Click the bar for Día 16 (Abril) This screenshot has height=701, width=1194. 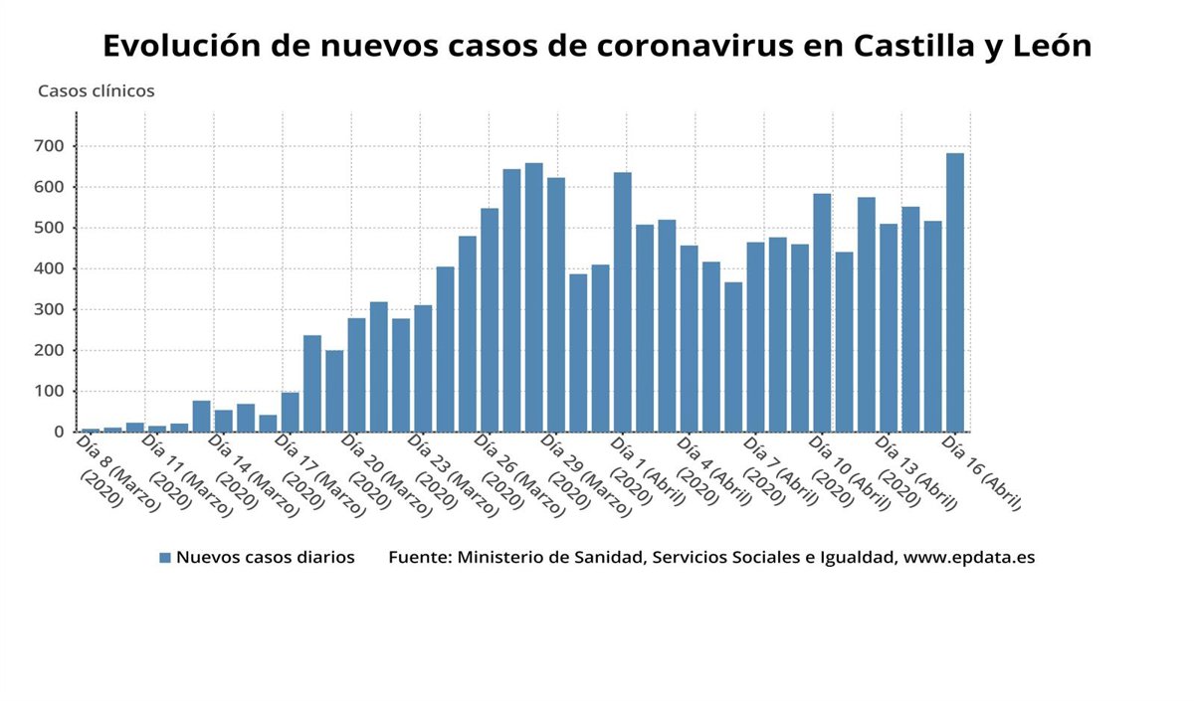tap(954, 292)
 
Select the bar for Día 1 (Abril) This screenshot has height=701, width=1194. tap(623, 302)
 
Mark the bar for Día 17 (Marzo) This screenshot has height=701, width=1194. tap(290, 412)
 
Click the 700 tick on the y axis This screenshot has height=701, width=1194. tap(50, 146)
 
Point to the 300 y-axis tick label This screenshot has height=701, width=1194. tap(50, 309)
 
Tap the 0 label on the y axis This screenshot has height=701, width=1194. tap(59, 432)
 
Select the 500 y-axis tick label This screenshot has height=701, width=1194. tap(50, 228)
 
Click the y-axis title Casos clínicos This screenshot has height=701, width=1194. tap(97, 90)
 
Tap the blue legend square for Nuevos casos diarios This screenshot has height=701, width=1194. tap(165, 558)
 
